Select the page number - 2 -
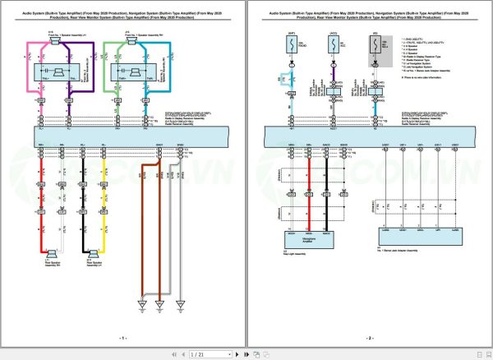point(369,338)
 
